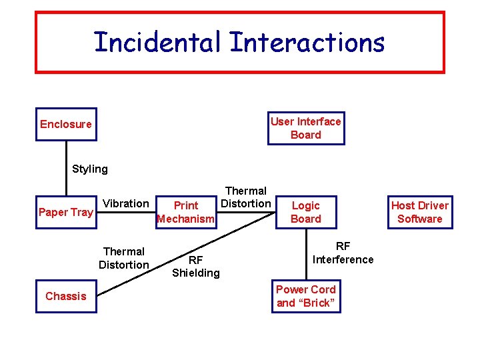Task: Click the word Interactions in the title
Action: coord(307,43)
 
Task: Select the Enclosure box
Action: coord(66,124)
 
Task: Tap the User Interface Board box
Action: coord(306,128)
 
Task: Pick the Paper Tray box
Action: coord(65,212)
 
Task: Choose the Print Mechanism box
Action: coord(185,212)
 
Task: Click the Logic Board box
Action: coord(306,212)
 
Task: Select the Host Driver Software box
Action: coord(420,212)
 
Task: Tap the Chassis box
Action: coord(65,296)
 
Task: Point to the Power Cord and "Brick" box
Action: coord(306,296)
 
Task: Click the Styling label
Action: coord(89,169)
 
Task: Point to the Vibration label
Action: coord(126,203)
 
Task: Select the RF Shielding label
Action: coord(195,266)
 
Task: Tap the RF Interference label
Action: coord(343,253)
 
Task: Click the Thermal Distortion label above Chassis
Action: coord(123,258)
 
